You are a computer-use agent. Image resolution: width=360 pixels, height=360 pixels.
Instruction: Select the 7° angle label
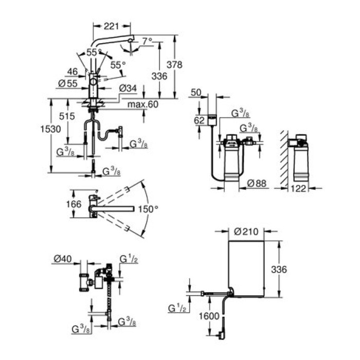tap(148, 40)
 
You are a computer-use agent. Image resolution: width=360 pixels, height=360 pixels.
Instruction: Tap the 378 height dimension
tap(176, 65)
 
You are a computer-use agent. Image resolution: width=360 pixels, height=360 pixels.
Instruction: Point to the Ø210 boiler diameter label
tap(245, 232)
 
